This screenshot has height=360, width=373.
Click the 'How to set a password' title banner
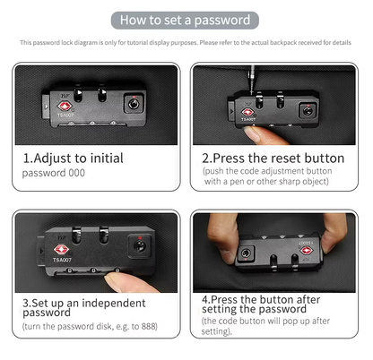click(x=186, y=19)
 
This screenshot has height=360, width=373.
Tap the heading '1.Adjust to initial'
click(x=73, y=158)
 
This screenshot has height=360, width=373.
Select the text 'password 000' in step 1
click(x=54, y=172)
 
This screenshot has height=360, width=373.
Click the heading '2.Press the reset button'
click(x=273, y=158)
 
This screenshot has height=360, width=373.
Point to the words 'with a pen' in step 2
click(x=227, y=181)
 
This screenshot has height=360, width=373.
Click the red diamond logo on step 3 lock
click(x=62, y=249)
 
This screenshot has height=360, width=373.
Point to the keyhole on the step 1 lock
click(x=134, y=104)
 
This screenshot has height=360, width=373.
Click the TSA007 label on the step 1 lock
click(x=66, y=116)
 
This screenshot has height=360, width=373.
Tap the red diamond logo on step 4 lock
click(x=306, y=250)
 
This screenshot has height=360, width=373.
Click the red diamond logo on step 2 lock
click(x=247, y=112)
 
